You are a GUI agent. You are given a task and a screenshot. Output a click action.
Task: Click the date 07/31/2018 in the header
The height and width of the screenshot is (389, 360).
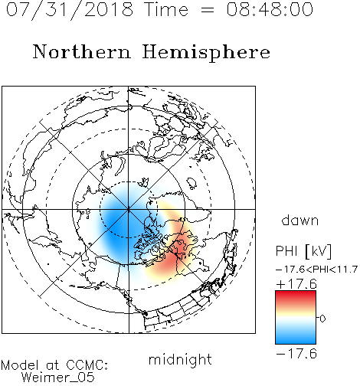[70, 10]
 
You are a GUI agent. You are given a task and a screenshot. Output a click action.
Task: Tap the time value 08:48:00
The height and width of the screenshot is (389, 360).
[270, 9]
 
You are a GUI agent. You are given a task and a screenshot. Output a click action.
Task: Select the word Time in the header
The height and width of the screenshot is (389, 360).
[166, 9]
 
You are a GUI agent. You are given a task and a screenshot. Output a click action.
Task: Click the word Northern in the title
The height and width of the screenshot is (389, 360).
[82, 51]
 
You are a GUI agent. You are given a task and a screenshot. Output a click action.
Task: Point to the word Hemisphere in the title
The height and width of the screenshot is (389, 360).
[206, 53]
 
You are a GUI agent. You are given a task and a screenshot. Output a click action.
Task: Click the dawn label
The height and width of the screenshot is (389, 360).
[300, 220]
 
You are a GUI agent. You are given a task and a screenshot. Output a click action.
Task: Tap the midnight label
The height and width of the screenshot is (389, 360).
[180, 360]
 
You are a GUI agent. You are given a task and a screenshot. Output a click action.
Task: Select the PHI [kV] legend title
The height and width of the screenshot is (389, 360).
[303, 251]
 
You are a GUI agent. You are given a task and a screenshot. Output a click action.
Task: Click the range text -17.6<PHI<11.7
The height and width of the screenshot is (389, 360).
[316, 270]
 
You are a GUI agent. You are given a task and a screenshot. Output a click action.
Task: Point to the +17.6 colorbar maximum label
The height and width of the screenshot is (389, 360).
[296, 284]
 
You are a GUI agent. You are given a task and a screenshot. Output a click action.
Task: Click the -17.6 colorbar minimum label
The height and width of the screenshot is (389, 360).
[296, 354]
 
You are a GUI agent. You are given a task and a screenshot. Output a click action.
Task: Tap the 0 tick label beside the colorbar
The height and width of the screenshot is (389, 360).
[322, 319]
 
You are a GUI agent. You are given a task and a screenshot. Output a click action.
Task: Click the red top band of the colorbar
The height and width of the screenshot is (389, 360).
[296, 296]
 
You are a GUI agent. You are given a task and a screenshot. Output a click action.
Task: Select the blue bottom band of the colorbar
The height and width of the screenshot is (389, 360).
[296, 338]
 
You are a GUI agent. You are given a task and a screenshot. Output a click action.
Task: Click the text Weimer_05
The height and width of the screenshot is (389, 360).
[58, 378]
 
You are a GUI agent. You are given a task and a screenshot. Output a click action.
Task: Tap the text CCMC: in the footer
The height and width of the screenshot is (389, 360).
[87, 365]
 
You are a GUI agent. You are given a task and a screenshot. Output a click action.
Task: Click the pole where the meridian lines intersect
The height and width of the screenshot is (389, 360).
[129, 209]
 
